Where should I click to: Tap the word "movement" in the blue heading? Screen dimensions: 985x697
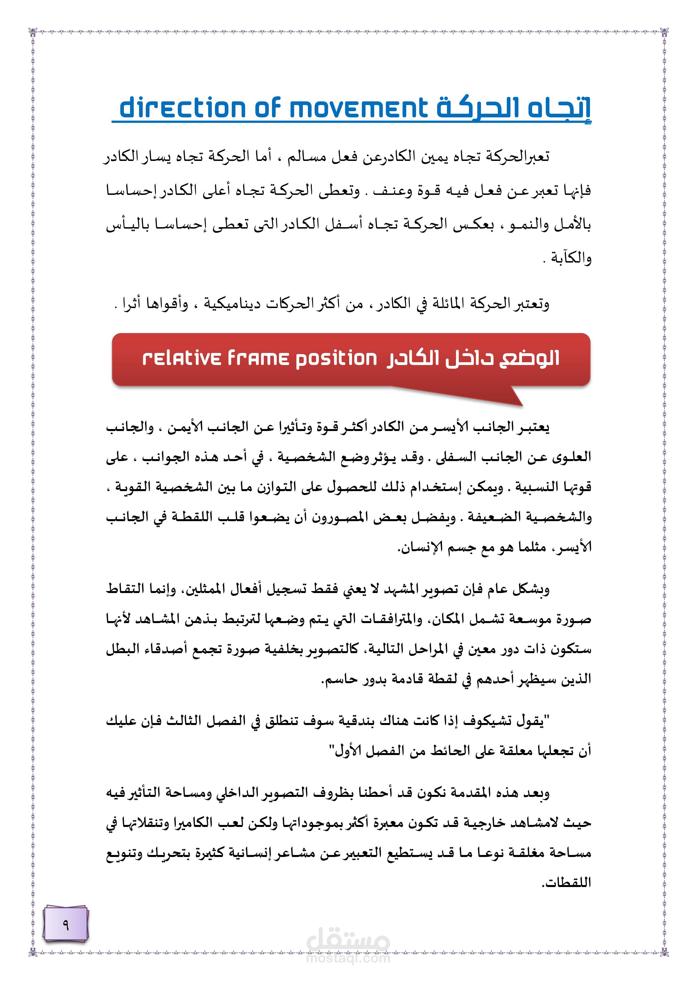click(359, 108)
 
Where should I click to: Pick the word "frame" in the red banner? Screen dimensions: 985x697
click(258, 358)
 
